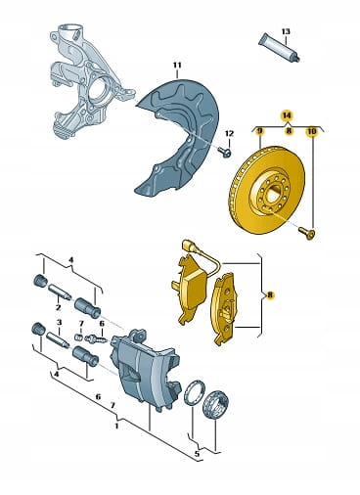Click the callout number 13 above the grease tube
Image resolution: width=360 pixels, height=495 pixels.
tap(286, 31)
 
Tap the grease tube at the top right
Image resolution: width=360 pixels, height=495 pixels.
tap(279, 48)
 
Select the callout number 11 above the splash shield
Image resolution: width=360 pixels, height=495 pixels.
tap(177, 66)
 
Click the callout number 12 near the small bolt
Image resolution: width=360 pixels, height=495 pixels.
tap(229, 133)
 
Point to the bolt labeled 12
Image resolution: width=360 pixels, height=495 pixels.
tap(225, 152)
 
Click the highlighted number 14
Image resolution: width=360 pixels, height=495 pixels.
tap(287, 115)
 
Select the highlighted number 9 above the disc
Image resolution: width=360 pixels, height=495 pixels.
tap(260, 131)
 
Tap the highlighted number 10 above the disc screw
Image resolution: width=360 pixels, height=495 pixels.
tap(312, 131)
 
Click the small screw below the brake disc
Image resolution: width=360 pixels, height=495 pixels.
tap(307, 234)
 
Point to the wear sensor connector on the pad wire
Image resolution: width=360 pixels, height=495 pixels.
tap(187, 244)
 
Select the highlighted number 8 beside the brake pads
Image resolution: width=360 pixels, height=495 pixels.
tap(270, 295)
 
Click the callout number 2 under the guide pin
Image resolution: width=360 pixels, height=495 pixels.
tap(59, 307)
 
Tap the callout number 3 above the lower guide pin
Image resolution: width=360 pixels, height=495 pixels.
tap(59, 323)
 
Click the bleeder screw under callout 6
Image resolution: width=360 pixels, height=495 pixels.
tap(96, 339)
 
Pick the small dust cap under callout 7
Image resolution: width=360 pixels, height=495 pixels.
tap(78, 337)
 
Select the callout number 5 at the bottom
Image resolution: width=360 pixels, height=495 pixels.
tap(197, 454)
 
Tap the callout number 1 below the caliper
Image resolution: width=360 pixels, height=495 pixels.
tap(116, 426)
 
